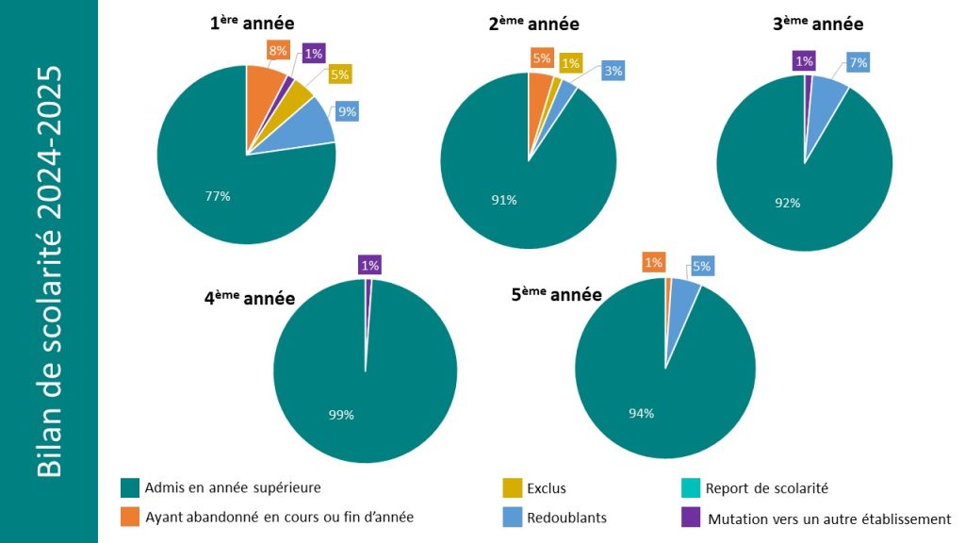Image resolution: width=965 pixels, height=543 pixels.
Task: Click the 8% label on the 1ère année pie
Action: [276, 50]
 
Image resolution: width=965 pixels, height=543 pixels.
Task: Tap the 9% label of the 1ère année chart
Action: [347, 111]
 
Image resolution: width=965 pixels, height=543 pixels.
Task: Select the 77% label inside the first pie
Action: [218, 196]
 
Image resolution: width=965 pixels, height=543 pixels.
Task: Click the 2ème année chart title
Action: [533, 25]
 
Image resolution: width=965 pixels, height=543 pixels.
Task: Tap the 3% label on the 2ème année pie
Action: [613, 71]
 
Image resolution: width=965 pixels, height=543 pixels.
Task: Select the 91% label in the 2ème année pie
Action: [504, 200]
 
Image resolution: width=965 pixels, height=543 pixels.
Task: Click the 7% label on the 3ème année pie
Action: [857, 63]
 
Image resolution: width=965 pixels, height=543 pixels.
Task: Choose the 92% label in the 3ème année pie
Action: [788, 203]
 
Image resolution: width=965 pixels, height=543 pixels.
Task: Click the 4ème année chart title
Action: [250, 299]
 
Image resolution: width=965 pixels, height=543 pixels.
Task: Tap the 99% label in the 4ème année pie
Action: [341, 415]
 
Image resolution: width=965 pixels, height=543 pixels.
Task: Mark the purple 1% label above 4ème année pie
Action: [369, 266]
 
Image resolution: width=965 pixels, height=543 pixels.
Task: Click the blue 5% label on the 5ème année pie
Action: [702, 266]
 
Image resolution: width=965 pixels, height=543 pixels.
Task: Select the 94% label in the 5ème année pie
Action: [641, 413]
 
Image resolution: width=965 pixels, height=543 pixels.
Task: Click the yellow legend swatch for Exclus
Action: [513, 488]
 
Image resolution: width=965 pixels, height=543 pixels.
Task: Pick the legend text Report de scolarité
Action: [766, 488]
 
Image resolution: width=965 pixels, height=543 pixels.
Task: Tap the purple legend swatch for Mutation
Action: [691, 518]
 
